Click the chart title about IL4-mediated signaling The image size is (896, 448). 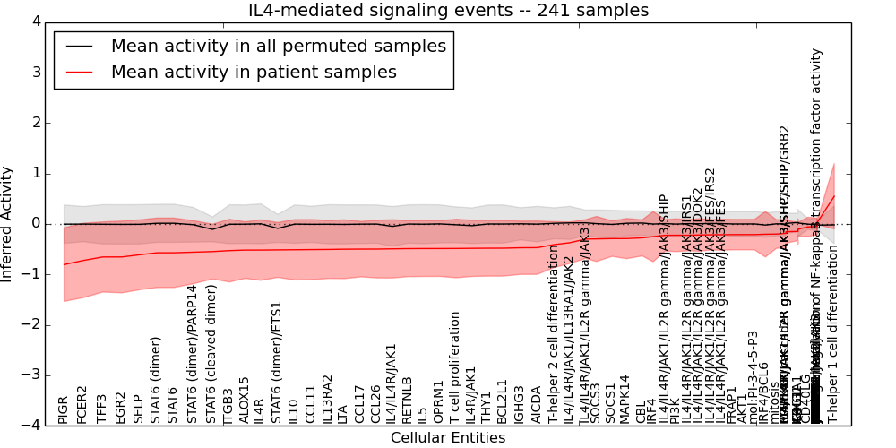[448, 11]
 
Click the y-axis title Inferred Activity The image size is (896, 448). [8, 223]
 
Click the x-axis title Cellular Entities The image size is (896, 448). [448, 437]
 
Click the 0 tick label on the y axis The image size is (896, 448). [35, 224]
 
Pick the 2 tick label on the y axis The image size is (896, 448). [35, 123]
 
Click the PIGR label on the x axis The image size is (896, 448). [64, 409]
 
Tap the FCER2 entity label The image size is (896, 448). [82, 404]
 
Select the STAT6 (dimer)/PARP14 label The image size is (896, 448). [192, 354]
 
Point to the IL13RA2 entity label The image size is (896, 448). [328, 399]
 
